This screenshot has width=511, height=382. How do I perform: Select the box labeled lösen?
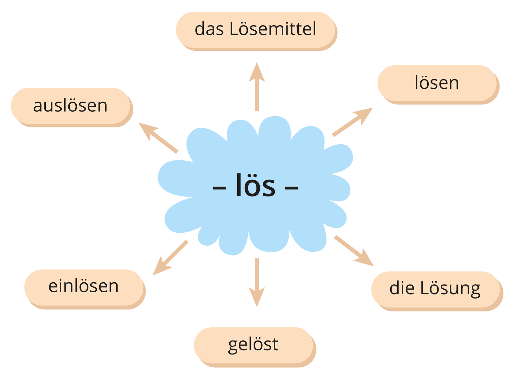[x=437, y=83]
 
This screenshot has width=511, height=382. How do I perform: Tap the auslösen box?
[x=71, y=106]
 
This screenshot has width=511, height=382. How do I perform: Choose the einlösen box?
[x=83, y=286]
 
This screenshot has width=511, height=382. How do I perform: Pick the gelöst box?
[x=253, y=345]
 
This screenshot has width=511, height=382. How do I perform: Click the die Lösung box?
[x=435, y=289]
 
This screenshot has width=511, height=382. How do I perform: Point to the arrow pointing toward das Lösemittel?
[x=257, y=86]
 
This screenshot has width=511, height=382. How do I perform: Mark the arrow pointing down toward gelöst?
[x=257, y=283]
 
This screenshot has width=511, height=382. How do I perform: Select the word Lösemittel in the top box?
[x=273, y=30]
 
